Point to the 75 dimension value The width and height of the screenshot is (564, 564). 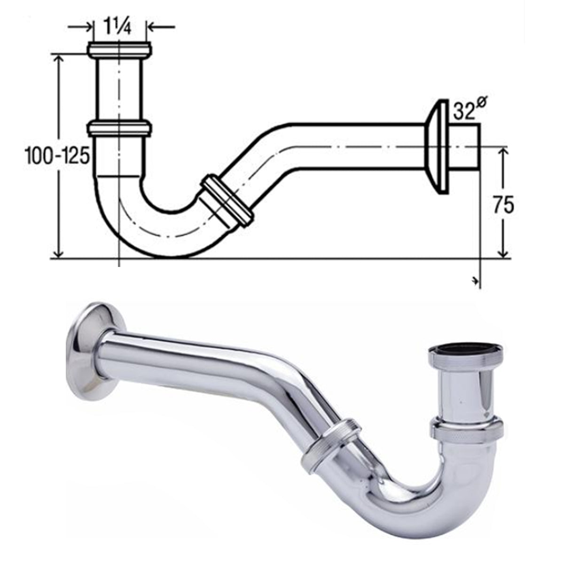[x=503, y=205]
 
